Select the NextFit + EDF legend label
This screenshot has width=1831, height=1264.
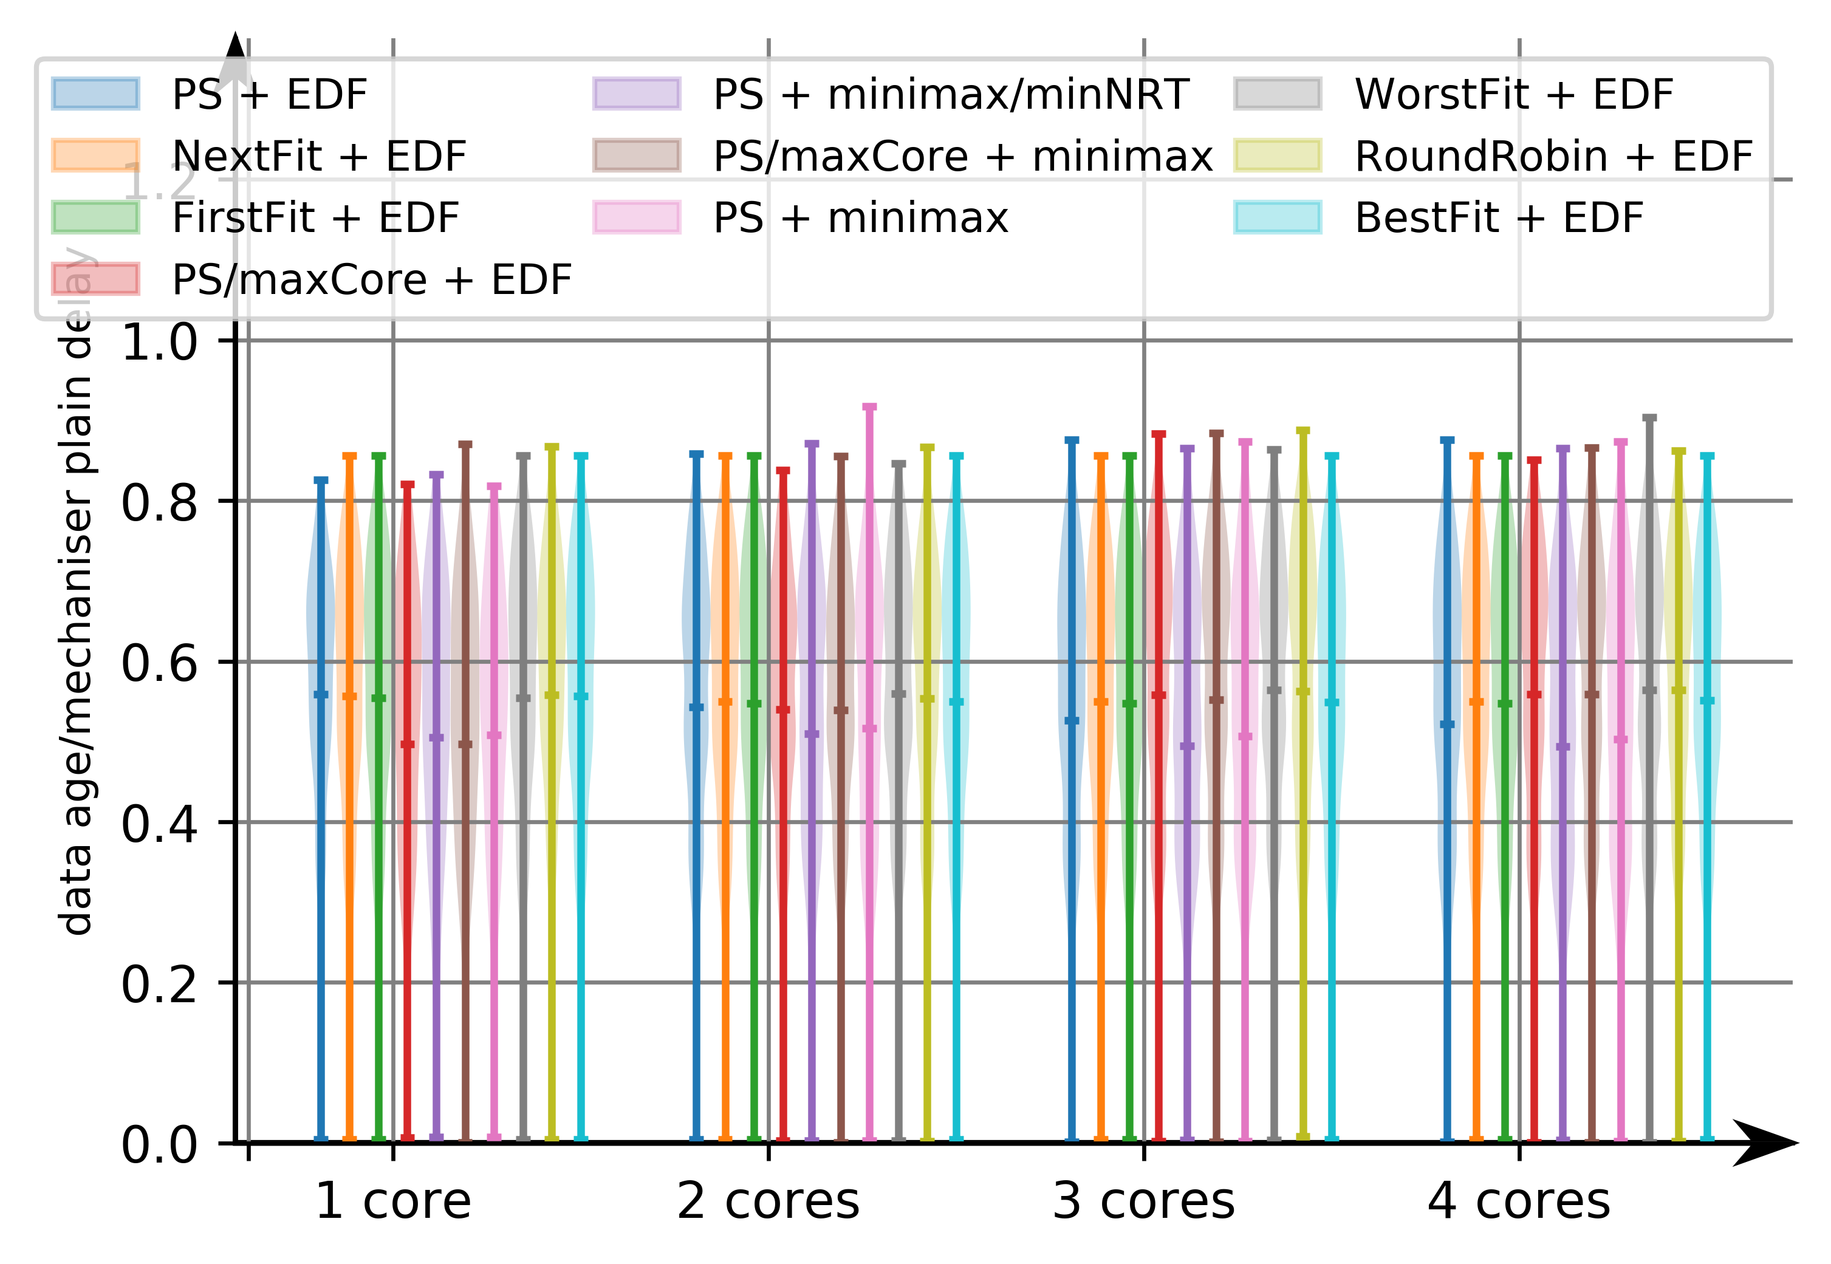click(318, 156)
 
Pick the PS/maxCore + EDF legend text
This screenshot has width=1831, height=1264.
click(371, 279)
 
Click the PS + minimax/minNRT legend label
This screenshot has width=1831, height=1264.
click(950, 94)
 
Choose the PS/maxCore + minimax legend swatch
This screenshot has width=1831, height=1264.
click(636, 155)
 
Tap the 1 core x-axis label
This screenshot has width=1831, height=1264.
click(393, 1201)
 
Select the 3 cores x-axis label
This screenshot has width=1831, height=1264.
click(1143, 1201)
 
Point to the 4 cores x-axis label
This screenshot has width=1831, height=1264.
click(1518, 1201)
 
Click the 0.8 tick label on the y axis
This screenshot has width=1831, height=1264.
click(159, 503)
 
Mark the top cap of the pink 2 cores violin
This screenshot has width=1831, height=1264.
click(869, 407)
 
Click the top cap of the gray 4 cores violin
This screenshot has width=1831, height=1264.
click(1649, 417)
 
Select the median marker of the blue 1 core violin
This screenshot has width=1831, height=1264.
click(321, 695)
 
